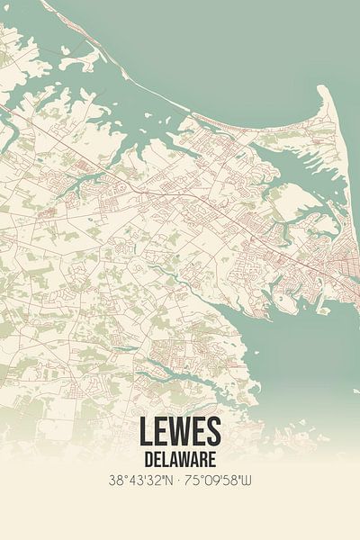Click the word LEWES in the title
(180, 432)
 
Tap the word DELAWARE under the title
(180, 460)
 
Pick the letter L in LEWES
(146, 432)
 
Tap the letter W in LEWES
(179, 432)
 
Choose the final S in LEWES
(213, 432)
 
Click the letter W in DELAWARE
(185, 460)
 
